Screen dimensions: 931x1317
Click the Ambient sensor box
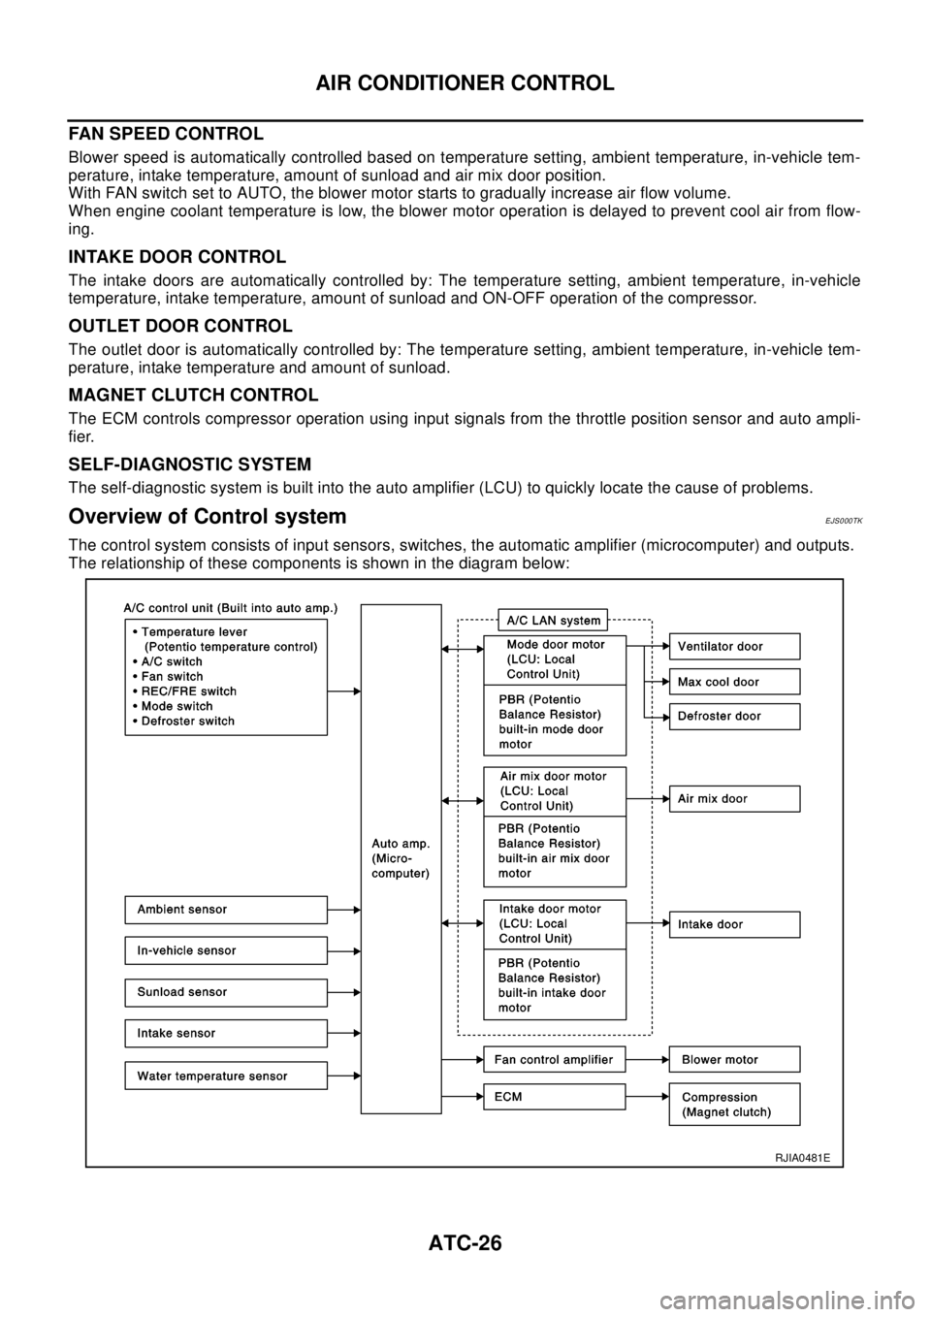(226, 910)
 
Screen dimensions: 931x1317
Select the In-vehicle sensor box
(226, 950)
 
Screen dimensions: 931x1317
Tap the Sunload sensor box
(226, 992)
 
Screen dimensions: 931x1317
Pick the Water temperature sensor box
(226, 1076)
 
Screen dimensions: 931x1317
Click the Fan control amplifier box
(555, 1059)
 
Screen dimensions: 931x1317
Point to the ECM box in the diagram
(555, 1097)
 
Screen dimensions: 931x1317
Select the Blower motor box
(735, 1059)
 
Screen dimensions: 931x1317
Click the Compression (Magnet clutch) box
(735, 1105)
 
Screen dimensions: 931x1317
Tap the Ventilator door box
(735, 646)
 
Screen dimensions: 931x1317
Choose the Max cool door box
(735, 682)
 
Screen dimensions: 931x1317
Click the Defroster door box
(735, 716)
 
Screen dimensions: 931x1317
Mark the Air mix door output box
(735, 798)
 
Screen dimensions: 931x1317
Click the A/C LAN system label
(553, 620)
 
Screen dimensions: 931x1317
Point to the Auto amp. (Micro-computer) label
(401, 858)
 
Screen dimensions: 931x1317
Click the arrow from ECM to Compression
(648, 1097)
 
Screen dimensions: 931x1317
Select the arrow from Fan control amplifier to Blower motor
(648, 1059)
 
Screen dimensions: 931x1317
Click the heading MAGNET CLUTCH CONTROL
(193, 395)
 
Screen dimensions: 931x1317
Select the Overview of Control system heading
(208, 516)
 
